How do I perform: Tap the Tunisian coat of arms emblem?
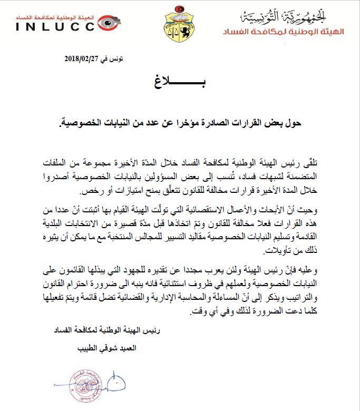[x=180, y=22]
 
